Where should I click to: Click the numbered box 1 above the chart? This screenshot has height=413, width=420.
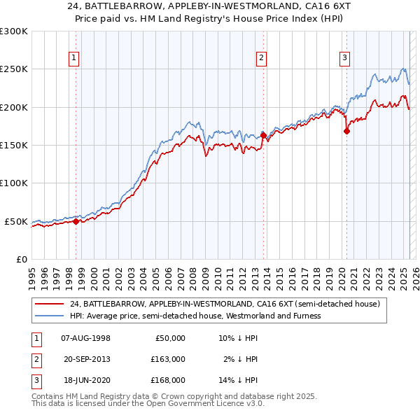tap(73, 58)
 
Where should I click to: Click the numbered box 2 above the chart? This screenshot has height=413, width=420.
tap(261, 58)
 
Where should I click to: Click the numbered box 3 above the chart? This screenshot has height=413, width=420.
tap(345, 58)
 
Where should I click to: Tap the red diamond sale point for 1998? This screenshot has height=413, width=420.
tap(76, 221)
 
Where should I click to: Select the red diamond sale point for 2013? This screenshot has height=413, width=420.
tap(263, 135)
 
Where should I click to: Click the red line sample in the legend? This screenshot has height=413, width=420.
tap(50, 304)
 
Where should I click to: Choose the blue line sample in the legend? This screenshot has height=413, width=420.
tap(50, 316)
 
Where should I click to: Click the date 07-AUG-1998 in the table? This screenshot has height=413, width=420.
tap(86, 338)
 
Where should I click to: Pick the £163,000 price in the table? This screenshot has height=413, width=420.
tap(168, 359)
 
